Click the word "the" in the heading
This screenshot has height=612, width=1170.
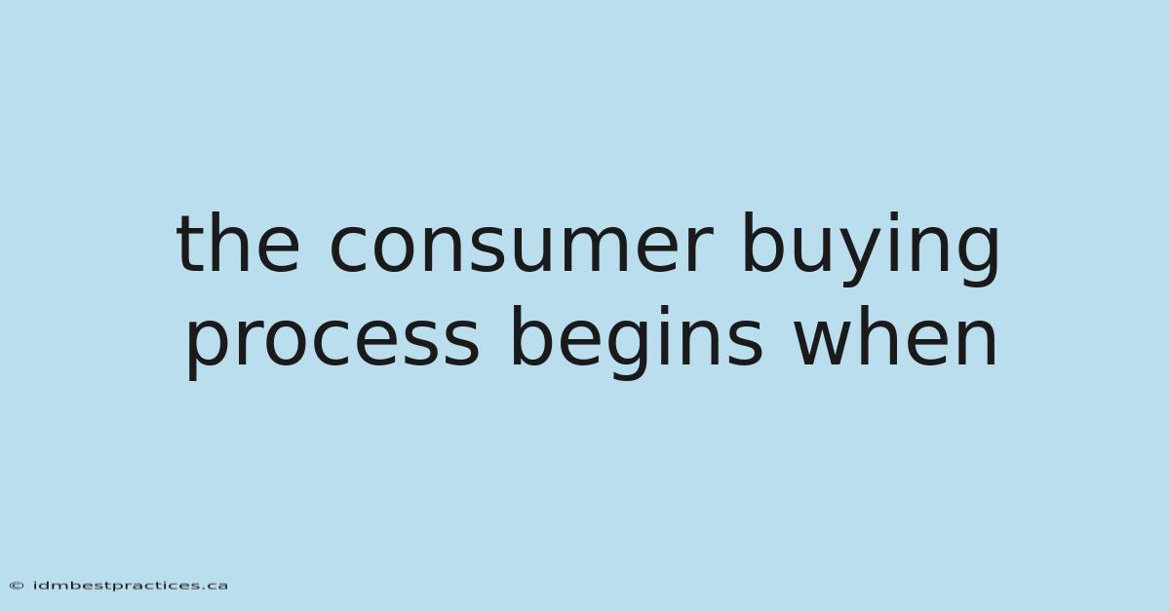[239, 244]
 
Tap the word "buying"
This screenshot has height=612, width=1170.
[871, 249]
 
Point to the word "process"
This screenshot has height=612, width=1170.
[332, 342]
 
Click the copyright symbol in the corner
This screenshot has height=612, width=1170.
[17, 586]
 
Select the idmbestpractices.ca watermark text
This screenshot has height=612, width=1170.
[130, 586]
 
